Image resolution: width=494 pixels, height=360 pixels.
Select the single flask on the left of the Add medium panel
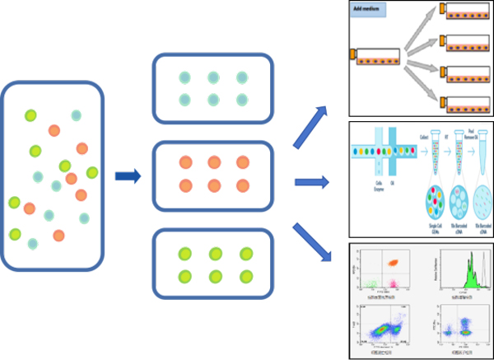tap(376, 56)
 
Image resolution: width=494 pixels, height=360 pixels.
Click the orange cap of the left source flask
tap(352, 55)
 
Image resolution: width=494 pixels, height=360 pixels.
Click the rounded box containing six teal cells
tap(213, 87)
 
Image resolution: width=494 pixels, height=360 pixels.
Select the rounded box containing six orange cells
tap(213, 173)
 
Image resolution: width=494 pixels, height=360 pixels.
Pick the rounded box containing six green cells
tap(213, 265)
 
